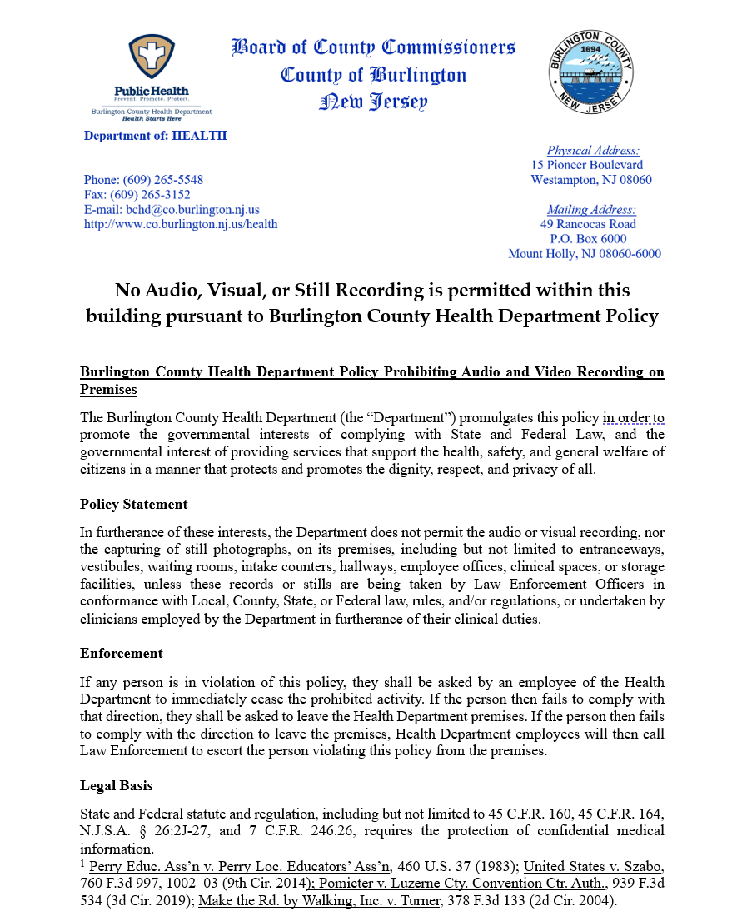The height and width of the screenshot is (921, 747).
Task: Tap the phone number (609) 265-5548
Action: pos(163,180)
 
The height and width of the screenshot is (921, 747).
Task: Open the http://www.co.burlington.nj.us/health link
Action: pos(181,224)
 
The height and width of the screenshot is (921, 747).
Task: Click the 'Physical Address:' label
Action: pos(593,151)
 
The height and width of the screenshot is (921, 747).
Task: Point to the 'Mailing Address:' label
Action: pos(591,210)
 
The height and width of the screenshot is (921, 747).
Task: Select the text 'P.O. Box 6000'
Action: pos(588,239)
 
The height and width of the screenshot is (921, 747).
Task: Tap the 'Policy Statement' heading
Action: pos(133,505)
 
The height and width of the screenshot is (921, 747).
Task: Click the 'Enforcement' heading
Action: pos(121,653)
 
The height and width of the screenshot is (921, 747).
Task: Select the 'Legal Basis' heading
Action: pos(116,786)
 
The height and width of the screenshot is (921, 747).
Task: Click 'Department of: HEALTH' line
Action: pos(155,136)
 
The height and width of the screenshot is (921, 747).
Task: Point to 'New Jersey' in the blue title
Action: pos(373,103)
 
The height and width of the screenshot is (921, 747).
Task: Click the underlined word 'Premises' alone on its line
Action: pos(108,390)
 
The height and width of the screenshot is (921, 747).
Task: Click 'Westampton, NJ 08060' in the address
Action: pos(591,180)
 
